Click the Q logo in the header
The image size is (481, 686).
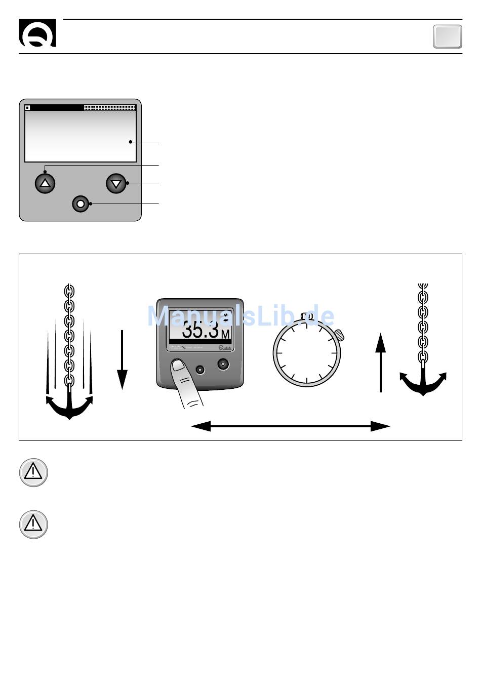pos(37,33)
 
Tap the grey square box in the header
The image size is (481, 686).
pos(448,36)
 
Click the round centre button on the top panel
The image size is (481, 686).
pos(81,204)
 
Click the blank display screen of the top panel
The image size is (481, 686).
pos(81,136)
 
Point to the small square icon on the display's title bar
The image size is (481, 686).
pos(28,108)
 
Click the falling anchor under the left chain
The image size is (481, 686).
pos(69,406)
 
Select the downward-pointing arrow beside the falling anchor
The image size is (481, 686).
pos(122,360)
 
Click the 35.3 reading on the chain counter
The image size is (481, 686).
pos(201,330)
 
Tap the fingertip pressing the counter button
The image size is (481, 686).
pos(178,366)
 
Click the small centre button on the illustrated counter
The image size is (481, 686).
pos(201,370)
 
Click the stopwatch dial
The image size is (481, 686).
pos(307,353)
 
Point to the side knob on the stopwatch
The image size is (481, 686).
pos(339,334)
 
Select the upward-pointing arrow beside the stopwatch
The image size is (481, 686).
pos(381,362)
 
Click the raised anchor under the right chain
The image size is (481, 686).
pos(423,382)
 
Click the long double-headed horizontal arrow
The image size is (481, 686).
pos(291,426)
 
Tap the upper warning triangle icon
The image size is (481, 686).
pos(33,472)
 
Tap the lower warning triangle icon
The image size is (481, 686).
pos(33,524)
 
